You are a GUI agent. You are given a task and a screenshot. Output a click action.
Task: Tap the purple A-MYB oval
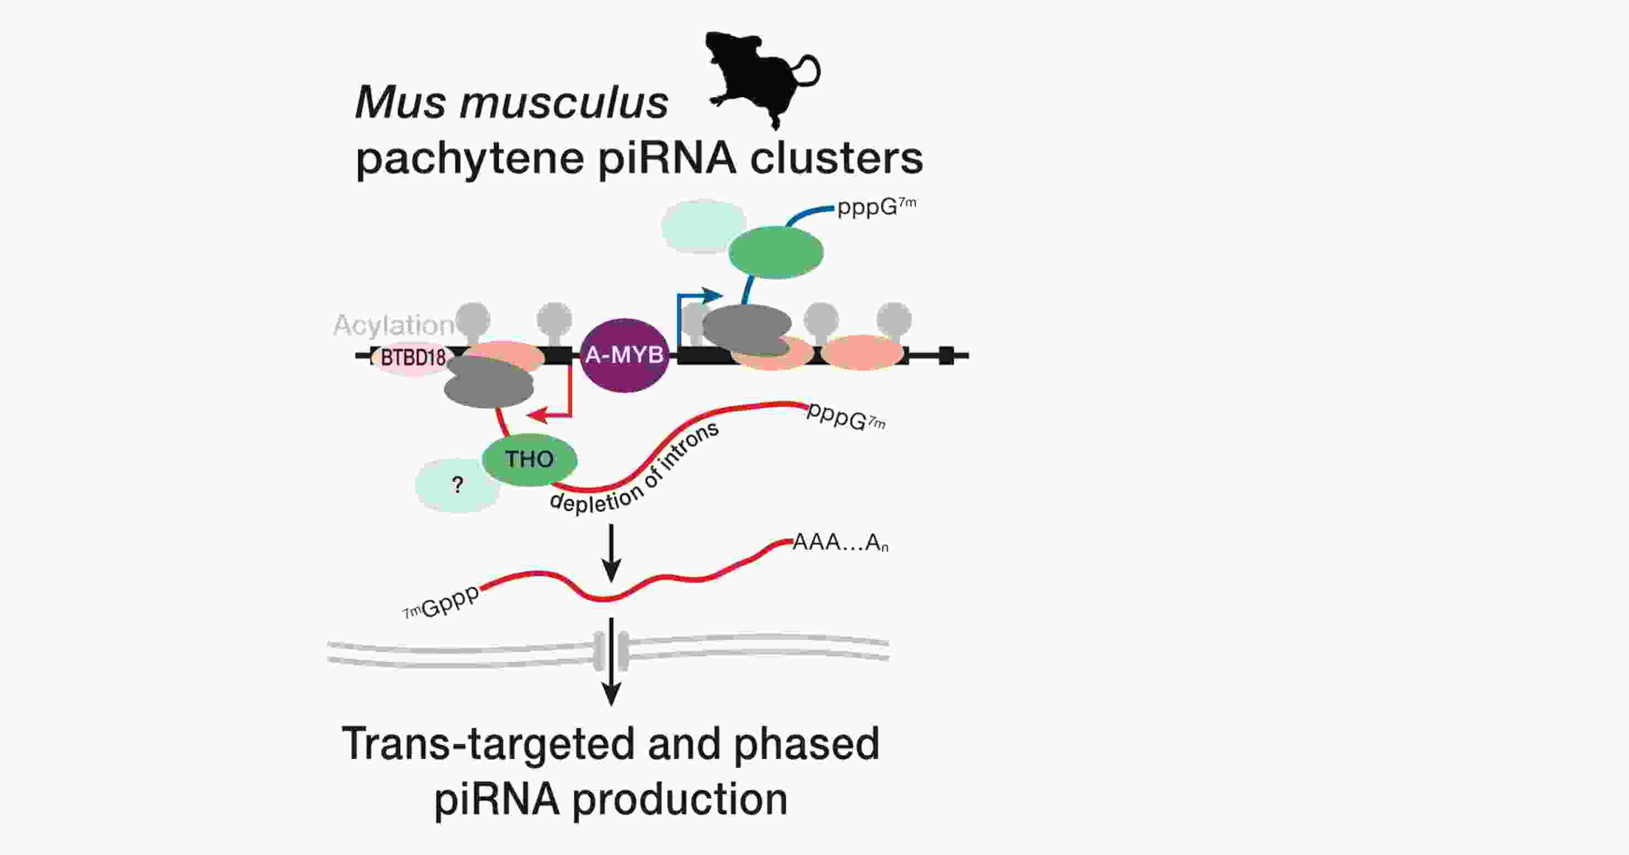click(x=624, y=355)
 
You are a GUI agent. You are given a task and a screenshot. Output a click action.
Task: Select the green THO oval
click(x=530, y=459)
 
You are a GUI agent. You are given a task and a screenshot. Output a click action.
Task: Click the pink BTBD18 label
click(x=413, y=357)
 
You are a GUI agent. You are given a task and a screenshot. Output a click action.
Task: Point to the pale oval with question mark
click(x=457, y=485)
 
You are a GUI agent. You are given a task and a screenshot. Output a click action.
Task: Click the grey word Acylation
click(x=393, y=325)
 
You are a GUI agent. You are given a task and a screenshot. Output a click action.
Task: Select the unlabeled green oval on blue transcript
click(x=775, y=252)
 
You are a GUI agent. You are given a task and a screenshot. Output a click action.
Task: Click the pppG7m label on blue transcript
click(x=876, y=207)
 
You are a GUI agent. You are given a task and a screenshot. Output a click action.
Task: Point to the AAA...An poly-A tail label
click(x=840, y=542)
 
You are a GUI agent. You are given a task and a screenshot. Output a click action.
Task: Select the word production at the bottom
click(x=680, y=799)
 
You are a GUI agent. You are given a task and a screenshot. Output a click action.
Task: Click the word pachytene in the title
click(x=470, y=158)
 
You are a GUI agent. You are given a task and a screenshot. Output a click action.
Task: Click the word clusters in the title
click(x=836, y=158)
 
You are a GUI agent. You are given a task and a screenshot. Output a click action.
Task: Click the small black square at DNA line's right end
click(x=946, y=356)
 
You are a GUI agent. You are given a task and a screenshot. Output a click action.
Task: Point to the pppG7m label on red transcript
click(x=846, y=418)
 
